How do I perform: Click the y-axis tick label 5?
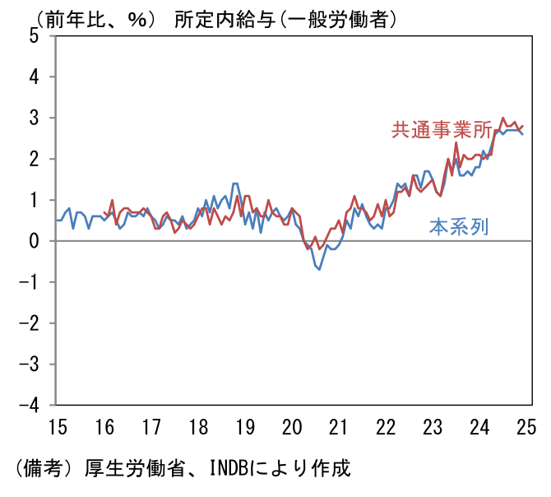tap(34, 35)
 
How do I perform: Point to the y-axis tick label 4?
tap(34, 77)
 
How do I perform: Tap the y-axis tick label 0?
tap(34, 241)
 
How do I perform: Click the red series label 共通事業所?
tap(442, 130)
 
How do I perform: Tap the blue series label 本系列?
tap(459, 226)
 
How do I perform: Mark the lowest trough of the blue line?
tap(319, 269)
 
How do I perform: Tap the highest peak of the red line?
tap(502, 118)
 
